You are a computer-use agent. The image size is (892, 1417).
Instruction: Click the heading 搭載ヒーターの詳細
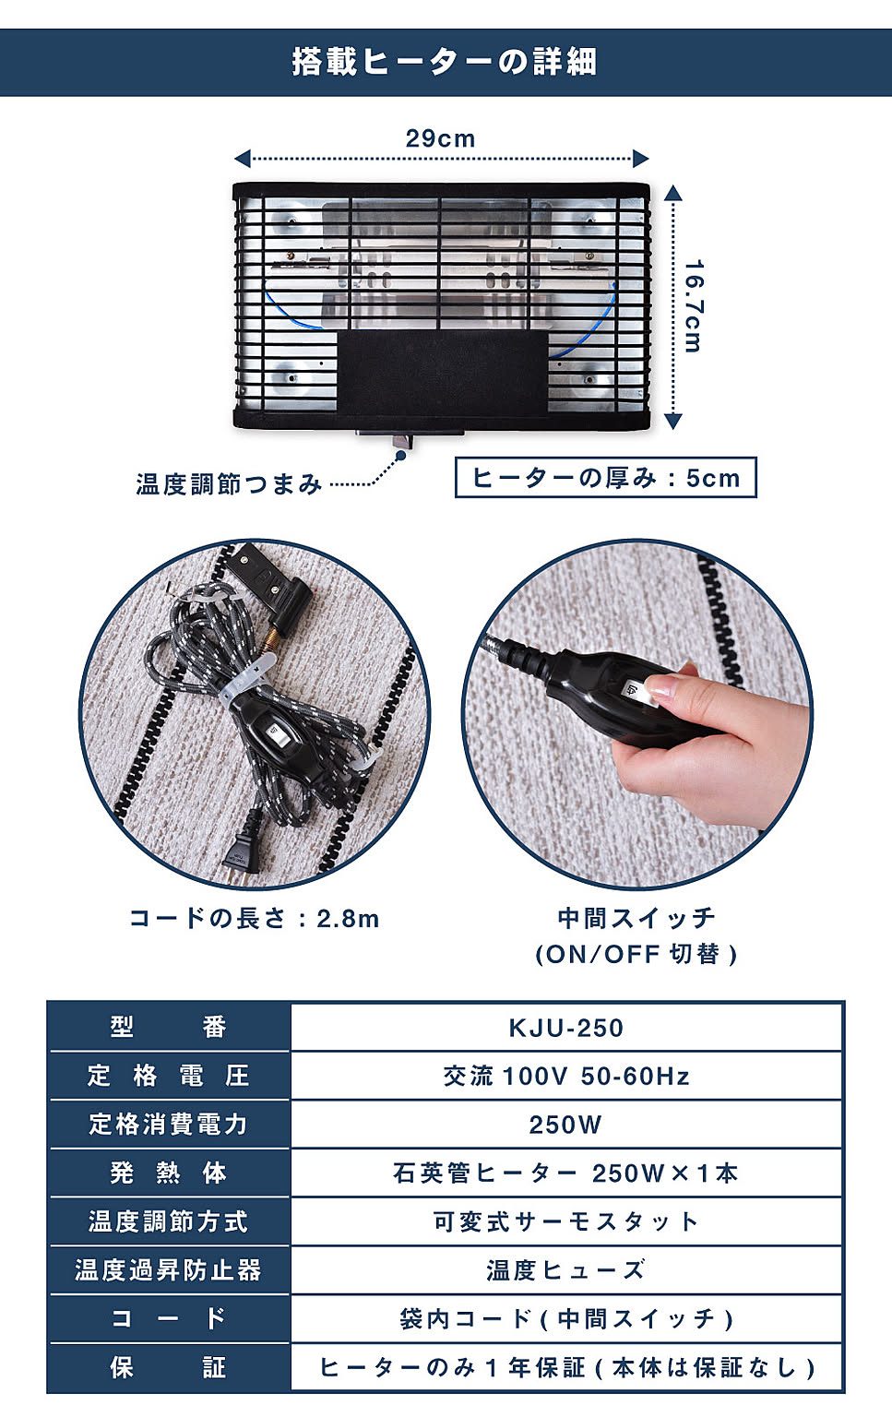point(444,62)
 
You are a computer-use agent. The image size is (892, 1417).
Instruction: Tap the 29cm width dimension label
point(440,138)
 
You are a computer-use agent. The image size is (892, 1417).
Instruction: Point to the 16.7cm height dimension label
point(694,306)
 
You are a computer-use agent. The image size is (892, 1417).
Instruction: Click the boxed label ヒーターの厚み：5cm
point(605,478)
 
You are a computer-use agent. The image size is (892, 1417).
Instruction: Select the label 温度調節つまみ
point(229,484)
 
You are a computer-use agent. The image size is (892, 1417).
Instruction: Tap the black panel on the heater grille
point(442,372)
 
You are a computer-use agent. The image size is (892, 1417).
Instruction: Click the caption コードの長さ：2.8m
point(255,919)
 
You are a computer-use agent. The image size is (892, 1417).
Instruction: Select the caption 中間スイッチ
point(636,918)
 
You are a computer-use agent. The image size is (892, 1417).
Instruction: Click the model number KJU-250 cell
point(566,1028)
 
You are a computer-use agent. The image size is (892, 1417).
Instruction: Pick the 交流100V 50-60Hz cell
point(566,1076)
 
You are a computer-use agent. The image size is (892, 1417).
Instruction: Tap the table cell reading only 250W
point(566,1125)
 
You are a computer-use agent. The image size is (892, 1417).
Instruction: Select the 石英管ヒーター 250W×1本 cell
point(566,1173)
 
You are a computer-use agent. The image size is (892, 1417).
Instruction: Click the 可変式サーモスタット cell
point(566,1222)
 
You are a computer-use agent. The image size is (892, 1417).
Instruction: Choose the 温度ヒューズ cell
point(566,1270)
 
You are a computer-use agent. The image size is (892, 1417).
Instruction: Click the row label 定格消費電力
point(168,1125)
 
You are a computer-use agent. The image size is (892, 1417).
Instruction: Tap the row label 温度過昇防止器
point(168,1270)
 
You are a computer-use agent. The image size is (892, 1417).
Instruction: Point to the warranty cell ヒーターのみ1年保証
point(566,1368)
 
